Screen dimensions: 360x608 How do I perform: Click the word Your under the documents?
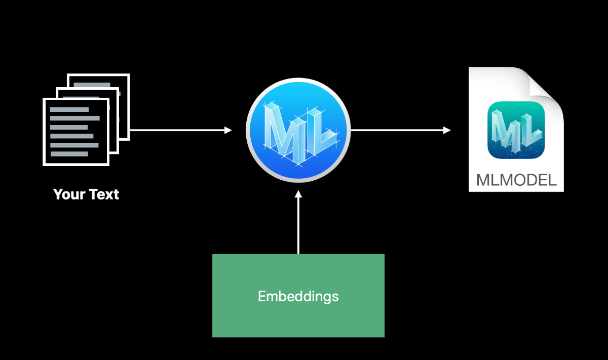69,194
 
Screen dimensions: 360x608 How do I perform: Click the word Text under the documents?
104,194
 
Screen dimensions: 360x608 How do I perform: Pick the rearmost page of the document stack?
124,81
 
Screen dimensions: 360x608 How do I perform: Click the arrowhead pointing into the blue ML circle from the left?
228,130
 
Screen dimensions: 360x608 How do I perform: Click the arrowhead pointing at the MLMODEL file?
447,130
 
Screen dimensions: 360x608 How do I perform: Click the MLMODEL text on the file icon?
516,180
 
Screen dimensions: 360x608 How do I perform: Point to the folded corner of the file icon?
547,84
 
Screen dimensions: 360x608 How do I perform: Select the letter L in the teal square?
529,129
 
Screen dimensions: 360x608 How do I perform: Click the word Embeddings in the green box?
298,296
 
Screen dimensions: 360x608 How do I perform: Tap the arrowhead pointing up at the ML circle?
298,194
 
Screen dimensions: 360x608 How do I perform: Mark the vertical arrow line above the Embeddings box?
298,225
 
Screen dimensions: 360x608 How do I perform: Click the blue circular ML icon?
298,130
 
